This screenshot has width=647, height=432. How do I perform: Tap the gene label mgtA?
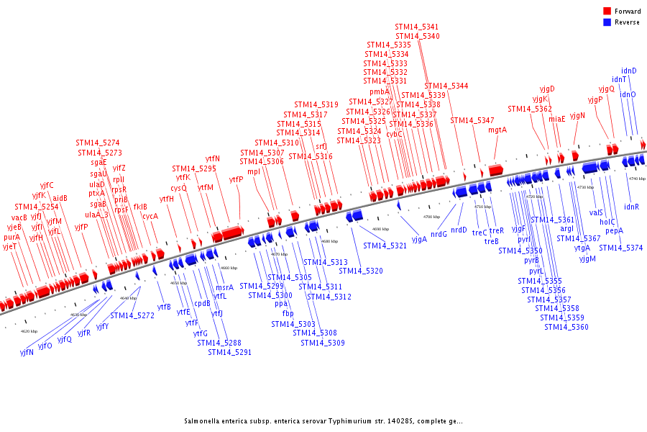click(x=497, y=130)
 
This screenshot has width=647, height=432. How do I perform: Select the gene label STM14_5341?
click(x=416, y=27)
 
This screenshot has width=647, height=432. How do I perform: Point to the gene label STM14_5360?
click(x=566, y=327)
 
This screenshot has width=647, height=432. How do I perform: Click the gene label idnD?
click(x=628, y=71)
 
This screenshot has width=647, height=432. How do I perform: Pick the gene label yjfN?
click(x=27, y=353)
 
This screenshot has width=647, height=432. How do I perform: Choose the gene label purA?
click(x=12, y=237)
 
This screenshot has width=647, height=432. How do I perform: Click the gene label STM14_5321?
click(x=385, y=246)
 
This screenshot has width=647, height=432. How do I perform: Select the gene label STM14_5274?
click(x=98, y=143)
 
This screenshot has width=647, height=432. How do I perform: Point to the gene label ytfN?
click(x=213, y=158)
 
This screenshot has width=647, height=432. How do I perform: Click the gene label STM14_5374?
click(x=620, y=248)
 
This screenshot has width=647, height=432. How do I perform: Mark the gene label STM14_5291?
click(x=229, y=352)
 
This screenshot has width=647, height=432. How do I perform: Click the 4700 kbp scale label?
click(x=431, y=217)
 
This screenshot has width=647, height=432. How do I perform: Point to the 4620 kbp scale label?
click(x=29, y=331)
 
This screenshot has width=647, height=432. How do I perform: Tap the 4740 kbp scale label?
click(x=637, y=179)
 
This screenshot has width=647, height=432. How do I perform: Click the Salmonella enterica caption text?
click(x=323, y=421)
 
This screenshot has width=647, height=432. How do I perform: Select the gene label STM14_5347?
click(x=472, y=120)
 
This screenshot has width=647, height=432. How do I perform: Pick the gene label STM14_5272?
click(x=132, y=315)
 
